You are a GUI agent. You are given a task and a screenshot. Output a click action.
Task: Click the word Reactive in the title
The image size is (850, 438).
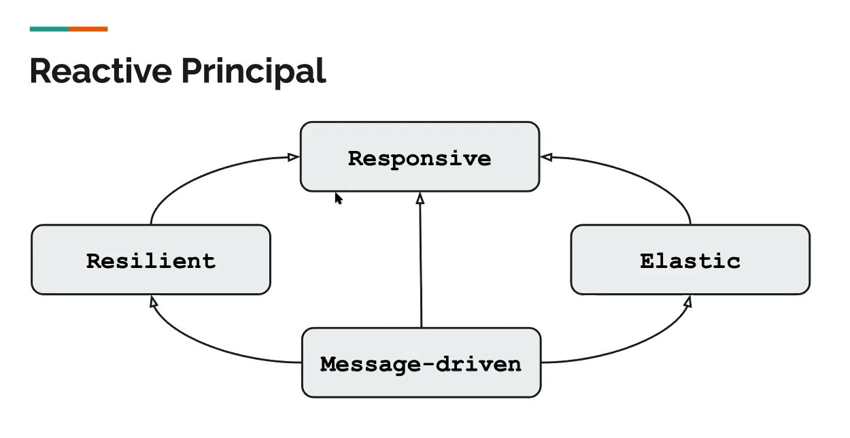[x=101, y=71]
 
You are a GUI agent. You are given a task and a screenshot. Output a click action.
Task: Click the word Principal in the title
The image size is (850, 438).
[x=254, y=73]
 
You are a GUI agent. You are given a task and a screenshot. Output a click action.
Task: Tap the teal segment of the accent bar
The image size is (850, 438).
[x=50, y=29]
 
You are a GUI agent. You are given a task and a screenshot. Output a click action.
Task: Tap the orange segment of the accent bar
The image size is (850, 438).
[x=88, y=29]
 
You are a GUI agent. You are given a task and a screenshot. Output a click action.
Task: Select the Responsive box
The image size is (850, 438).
[x=420, y=156]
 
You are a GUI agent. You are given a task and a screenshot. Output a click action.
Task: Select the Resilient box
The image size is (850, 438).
[x=151, y=260]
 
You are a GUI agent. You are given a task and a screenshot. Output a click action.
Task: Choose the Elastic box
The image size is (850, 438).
[x=690, y=260]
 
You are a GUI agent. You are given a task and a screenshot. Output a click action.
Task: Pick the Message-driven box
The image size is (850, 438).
[x=421, y=363]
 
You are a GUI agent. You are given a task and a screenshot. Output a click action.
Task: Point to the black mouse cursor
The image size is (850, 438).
[x=339, y=199]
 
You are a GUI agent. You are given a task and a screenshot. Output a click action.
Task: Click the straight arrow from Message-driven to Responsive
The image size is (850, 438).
[x=420, y=260]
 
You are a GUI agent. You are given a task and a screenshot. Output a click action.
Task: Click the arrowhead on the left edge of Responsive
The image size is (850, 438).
[x=293, y=156]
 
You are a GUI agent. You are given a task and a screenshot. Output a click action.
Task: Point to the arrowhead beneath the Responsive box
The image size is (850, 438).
[x=420, y=198]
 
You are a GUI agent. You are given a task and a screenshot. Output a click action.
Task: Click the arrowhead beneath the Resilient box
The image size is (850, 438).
[x=153, y=302]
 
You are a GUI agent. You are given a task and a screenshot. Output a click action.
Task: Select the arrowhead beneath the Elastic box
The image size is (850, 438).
[x=688, y=302]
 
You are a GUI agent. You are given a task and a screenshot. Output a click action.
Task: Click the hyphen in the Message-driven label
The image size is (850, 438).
[x=428, y=365]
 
